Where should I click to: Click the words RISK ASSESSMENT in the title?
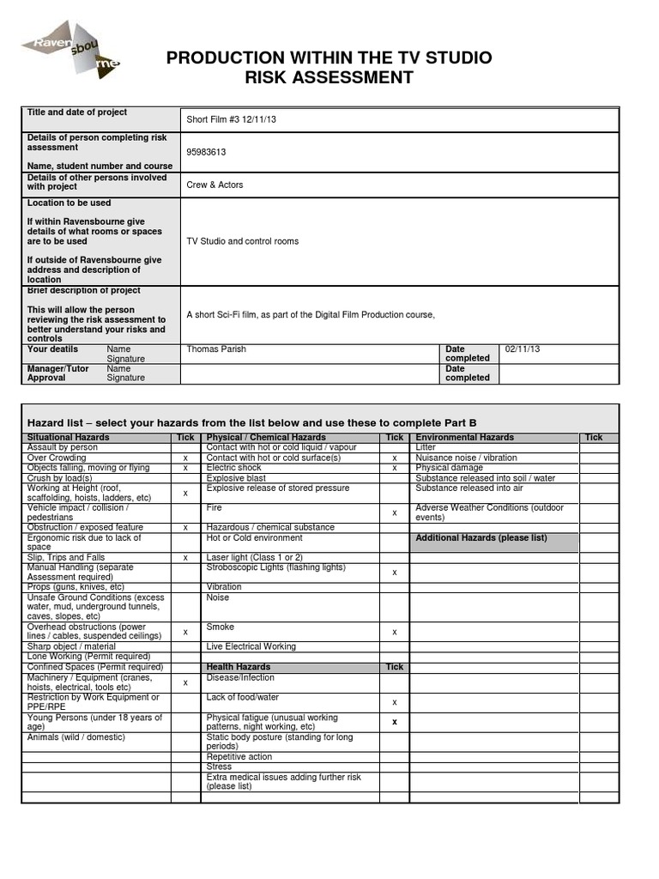coord(329,78)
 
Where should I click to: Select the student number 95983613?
coord(206,152)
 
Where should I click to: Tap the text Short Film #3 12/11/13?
coord(232,119)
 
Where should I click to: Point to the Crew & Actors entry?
coord(215,185)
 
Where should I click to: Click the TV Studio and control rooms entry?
coord(243,241)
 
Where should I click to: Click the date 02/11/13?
coord(523,349)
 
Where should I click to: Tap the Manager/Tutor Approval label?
coord(57,373)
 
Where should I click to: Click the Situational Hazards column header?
coord(69,438)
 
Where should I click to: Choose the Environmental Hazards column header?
coord(464,438)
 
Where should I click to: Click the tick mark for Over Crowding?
coord(185,458)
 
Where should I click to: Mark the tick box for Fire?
coord(394,512)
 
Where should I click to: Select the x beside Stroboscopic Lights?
coord(394,572)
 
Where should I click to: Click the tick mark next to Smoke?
coord(394,632)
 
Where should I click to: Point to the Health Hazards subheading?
coord(238,667)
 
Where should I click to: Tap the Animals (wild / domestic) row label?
coord(76,737)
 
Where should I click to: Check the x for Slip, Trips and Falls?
coord(185,558)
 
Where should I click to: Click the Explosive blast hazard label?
coord(236,478)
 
